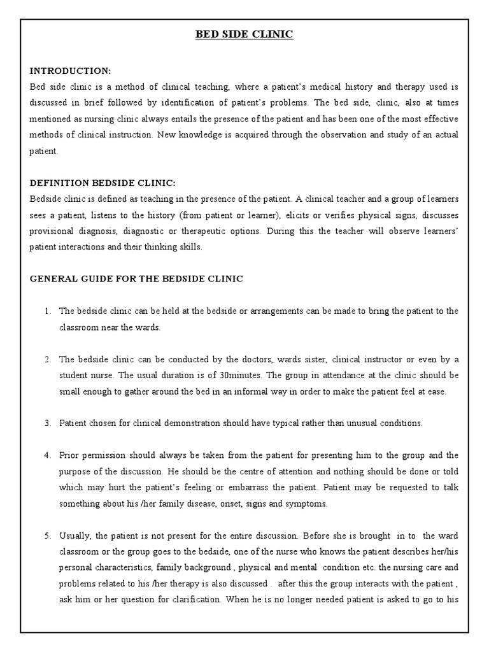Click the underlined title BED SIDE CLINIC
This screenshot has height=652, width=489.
pos(244,34)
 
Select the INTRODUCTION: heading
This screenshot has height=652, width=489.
pos(70,70)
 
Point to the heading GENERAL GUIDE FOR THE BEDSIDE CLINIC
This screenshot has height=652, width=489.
pos(136,278)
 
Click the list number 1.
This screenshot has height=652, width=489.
pos(48,311)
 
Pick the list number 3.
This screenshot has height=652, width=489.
pos(48,423)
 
